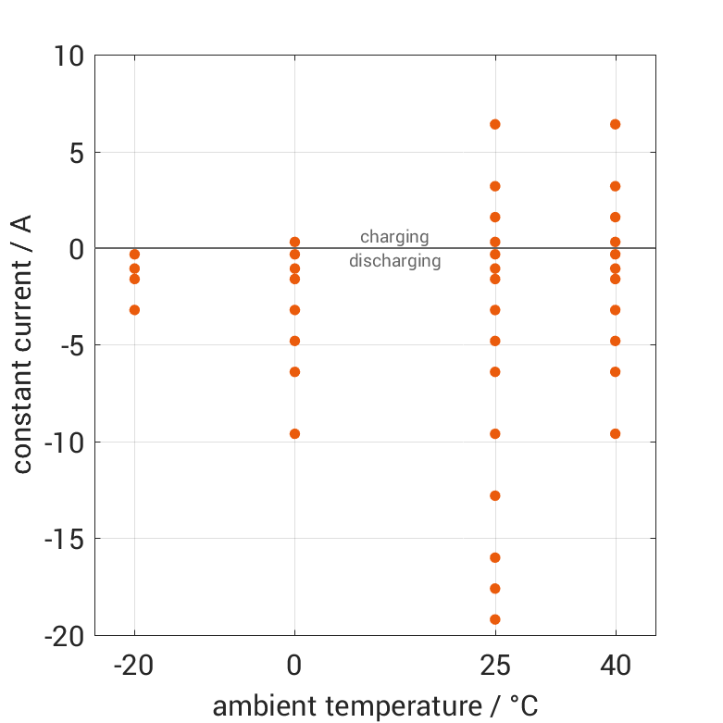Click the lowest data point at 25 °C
[495, 619]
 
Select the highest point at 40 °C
[615, 124]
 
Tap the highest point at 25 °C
[495, 124]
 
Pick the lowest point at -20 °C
[134, 310]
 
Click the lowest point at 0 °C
[294, 433]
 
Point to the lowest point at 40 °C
[615, 433]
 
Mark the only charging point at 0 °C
[294, 242]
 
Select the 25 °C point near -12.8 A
[495, 495]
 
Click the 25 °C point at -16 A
[495, 557]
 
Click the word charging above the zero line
[394, 237]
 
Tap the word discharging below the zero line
[394, 261]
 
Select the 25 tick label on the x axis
[495, 665]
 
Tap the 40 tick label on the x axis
[615, 665]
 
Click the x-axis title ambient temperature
[375, 706]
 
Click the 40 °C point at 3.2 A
[615, 186]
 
